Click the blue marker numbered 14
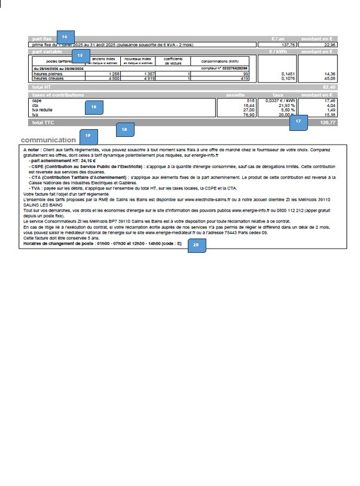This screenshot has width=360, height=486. click(65, 36)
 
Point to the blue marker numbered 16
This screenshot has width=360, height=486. click(93, 107)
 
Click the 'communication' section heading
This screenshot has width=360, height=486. click(48, 140)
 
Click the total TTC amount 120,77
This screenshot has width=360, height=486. click(328, 122)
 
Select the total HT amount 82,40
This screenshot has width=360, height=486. click(330, 87)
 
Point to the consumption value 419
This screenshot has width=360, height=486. click(244, 78)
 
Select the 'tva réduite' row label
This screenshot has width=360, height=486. click(42, 109)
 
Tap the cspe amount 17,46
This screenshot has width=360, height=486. click(330, 101)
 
